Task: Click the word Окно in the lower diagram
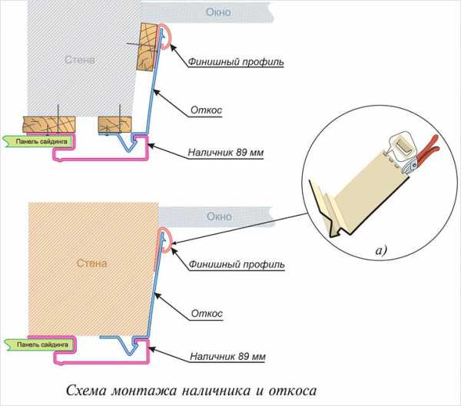pos(220,216)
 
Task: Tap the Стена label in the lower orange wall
pos(91,263)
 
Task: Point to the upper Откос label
pos(206,110)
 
